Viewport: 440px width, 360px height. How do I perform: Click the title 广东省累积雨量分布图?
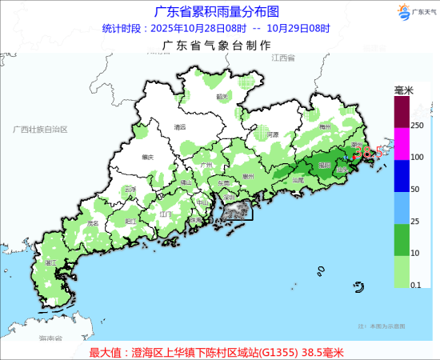[x=217, y=11]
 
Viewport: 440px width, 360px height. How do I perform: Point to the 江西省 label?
[x=283, y=58]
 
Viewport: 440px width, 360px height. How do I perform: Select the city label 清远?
[x=180, y=126]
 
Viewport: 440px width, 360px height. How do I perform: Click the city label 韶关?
[x=222, y=96]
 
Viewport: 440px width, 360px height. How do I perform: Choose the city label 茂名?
[x=93, y=223]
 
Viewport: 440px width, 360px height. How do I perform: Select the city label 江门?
[x=166, y=214]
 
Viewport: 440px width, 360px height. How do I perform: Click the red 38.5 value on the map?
[x=367, y=150]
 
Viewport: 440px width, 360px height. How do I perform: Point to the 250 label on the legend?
[x=417, y=126]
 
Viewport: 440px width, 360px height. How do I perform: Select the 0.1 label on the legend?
[x=417, y=285]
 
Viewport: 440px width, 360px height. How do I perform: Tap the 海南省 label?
[x=50, y=338]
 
